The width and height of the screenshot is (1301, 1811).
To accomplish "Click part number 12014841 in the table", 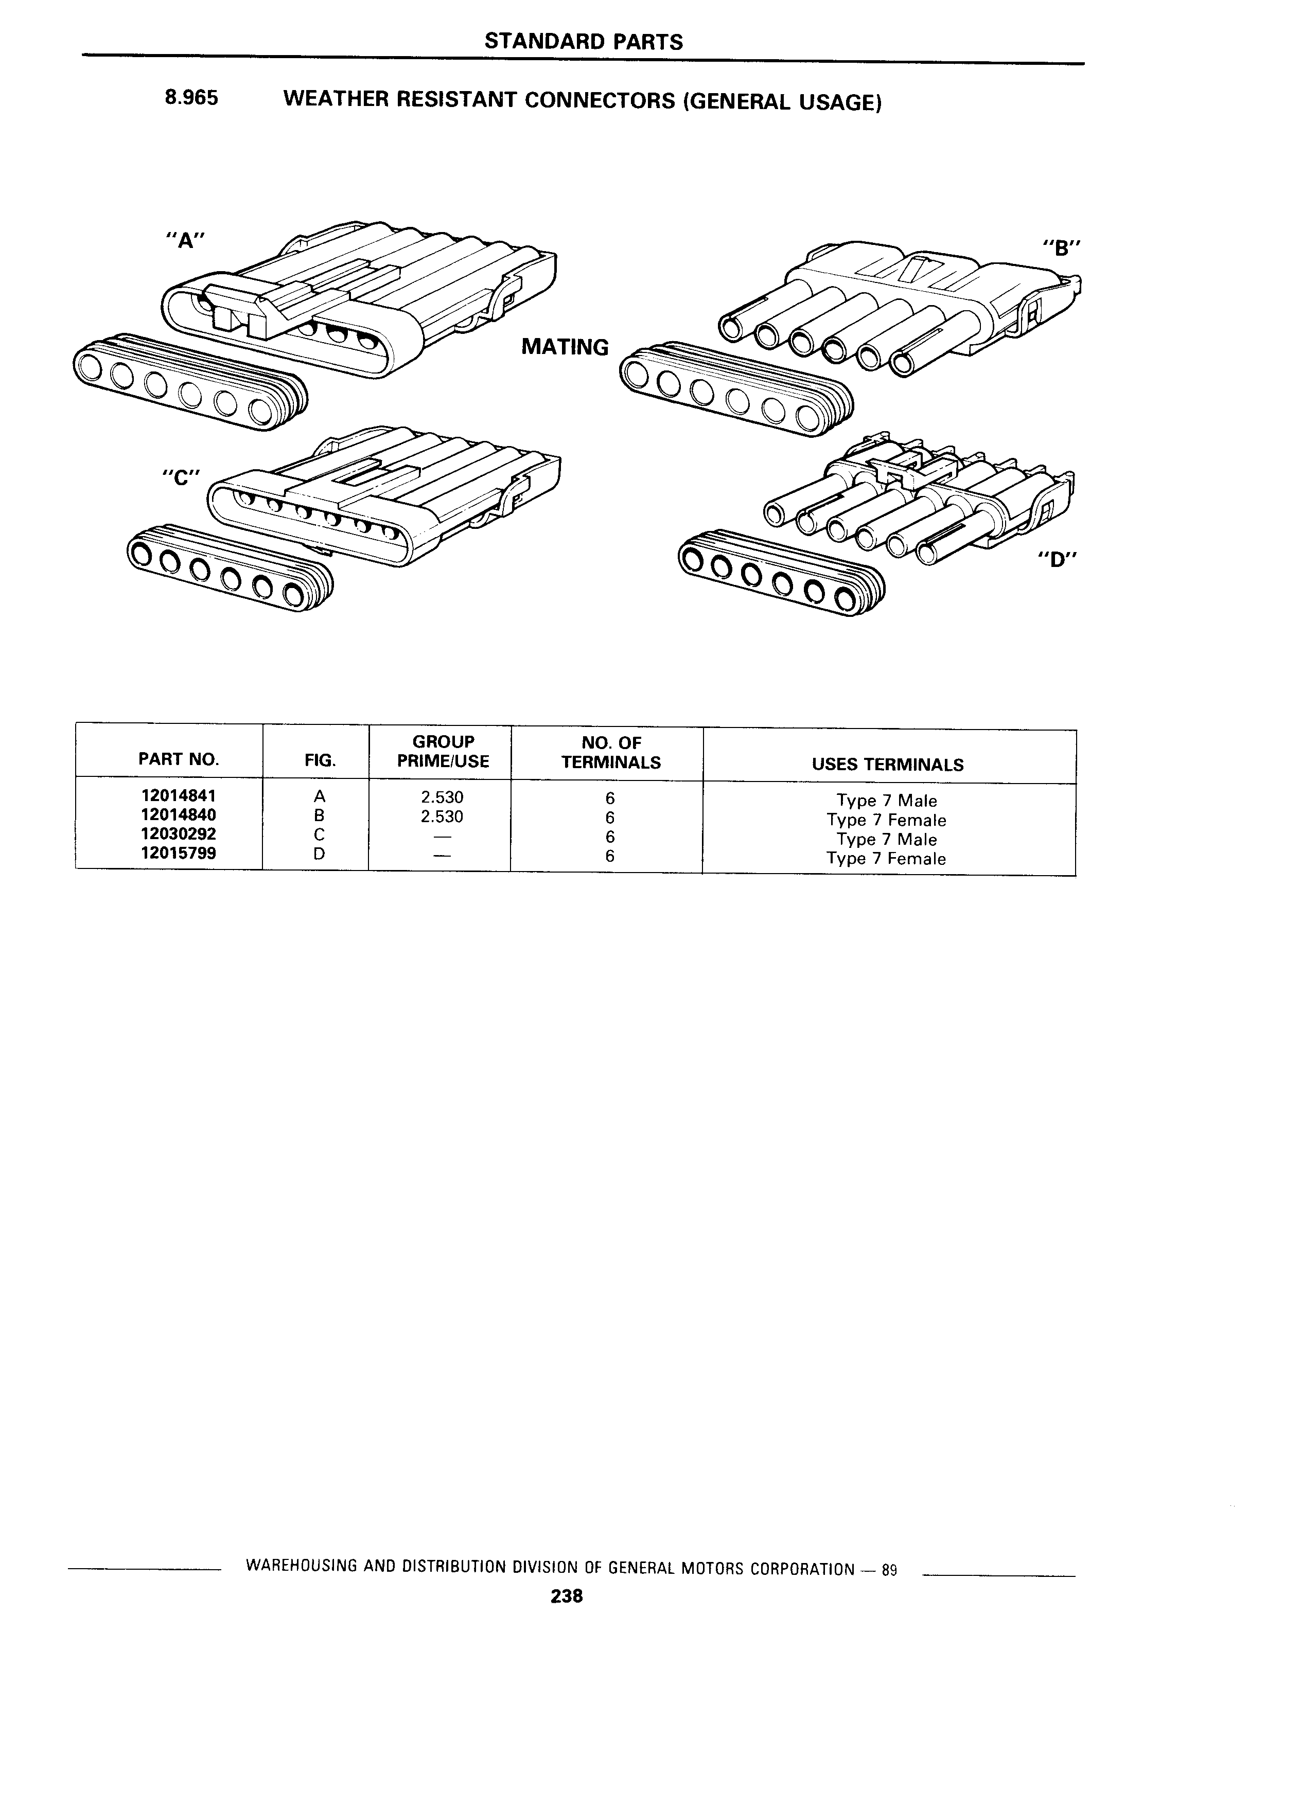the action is click(x=178, y=796).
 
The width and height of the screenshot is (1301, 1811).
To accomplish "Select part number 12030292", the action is click(x=178, y=833).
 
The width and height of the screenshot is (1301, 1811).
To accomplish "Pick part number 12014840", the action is click(x=178, y=814).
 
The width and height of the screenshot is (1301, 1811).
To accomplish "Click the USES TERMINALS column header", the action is click(x=887, y=764).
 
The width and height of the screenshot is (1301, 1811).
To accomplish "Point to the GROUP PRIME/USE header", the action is click(x=443, y=751).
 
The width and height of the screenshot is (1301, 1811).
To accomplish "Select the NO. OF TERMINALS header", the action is click(x=611, y=752).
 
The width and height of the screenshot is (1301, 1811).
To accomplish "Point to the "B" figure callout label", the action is click(x=1061, y=247).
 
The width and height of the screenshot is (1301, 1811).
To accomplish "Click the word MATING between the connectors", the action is click(x=565, y=347).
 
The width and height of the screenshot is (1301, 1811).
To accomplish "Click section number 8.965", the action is click(x=191, y=98).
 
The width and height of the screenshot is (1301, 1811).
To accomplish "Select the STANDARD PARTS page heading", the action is click(x=584, y=42).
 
